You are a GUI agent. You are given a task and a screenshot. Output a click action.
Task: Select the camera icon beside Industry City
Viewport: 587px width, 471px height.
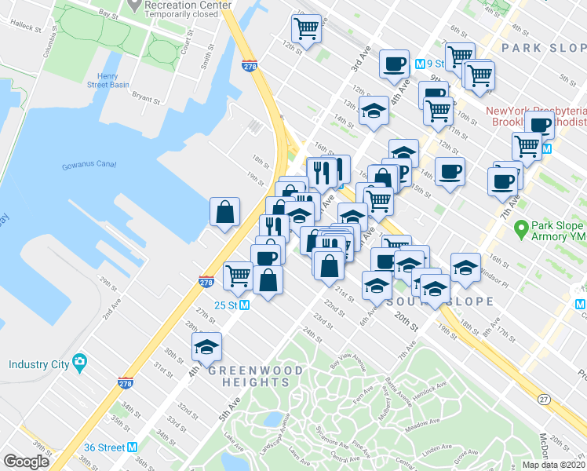(x=79, y=363)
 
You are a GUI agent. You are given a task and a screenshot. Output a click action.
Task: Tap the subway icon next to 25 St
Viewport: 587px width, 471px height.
(x=244, y=305)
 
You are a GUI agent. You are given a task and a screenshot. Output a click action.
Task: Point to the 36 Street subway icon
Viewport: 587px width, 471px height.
(x=133, y=447)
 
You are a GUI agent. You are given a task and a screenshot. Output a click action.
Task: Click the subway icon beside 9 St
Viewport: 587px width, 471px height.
(x=420, y=64)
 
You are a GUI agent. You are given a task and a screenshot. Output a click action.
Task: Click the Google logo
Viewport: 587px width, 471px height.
(x=27, y=462)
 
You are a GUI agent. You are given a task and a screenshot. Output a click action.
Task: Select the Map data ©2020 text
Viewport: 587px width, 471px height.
(x=553, y=465)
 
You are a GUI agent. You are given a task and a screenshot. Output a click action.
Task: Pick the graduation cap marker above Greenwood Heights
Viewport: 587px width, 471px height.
(x=207, y=345)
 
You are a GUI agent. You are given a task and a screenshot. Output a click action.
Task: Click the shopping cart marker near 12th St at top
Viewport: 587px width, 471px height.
(x=306, y=29)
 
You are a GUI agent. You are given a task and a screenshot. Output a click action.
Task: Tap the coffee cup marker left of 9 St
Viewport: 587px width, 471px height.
(x=394, y=64)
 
